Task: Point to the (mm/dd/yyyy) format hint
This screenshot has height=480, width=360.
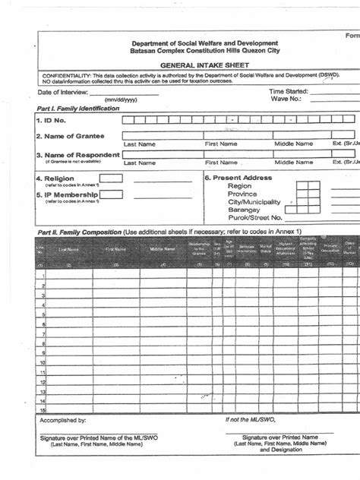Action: [120, 100]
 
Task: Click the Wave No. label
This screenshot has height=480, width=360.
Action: [286, 99]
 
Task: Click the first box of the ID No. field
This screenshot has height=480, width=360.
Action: [129, 120]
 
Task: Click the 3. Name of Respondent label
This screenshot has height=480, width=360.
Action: [76, 154]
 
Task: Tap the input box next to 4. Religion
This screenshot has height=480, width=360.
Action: [111, 178]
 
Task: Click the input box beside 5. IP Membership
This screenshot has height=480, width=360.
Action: [111, 194]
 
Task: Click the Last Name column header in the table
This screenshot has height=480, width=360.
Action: [68, 249]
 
